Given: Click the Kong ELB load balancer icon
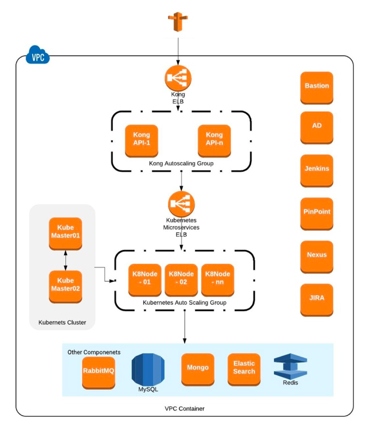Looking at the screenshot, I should pyautogui.click(x=178, y=78).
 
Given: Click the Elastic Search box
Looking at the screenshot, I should pyautogui.click(x=244, y=369).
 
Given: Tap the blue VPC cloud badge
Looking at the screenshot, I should pyautogui.click(x=38, y=56).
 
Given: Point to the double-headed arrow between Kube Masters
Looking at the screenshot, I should pyautogui.click(x=65, y=260).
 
